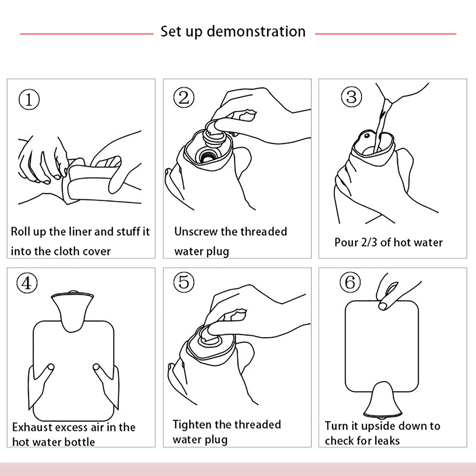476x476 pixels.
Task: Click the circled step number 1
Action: point(29,100)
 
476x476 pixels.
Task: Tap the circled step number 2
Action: point(184,98)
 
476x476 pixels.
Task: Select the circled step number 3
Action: point(351,97)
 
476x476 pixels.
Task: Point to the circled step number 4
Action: point(27,283)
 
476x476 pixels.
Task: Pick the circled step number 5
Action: point(184,282)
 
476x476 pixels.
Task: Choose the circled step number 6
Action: point(350,282)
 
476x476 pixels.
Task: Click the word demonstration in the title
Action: point(256,31)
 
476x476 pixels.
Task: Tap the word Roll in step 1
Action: point(21,231)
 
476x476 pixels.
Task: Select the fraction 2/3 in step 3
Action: point(369,242)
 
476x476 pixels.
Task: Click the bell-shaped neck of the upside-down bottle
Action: point(378,399)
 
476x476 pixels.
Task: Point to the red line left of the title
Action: point(87,34)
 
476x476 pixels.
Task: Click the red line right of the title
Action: point(386,34)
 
